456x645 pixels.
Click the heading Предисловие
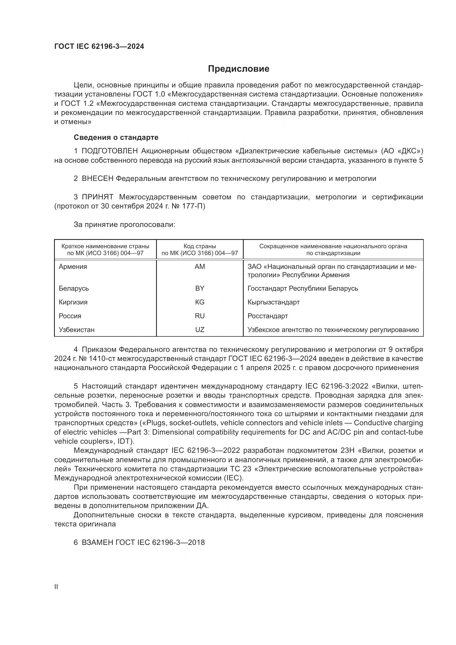(x=238, y=69)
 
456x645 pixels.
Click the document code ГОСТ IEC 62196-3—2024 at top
(x=99, y=47)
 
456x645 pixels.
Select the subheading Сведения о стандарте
(x=116, y=137)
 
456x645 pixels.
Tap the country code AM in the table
(x=200, y=267)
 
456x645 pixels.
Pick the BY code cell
(x=200, y=288)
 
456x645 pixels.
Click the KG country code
(x=200, y=302)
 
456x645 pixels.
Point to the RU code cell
(x=200, y=316)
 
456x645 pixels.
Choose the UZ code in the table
(x=200, y=330)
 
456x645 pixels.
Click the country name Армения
(x=73, y=267)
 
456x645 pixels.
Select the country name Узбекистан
(x=76, y=330)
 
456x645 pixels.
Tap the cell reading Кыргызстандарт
(x=273, y=302)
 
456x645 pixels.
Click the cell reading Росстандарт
(x=268, y=316)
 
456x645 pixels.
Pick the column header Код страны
(x=200, y=246)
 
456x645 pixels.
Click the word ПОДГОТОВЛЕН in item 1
(x=109, y=151)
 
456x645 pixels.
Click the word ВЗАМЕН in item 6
(x=97, y=542)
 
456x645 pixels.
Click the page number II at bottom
(x=56, y=587)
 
